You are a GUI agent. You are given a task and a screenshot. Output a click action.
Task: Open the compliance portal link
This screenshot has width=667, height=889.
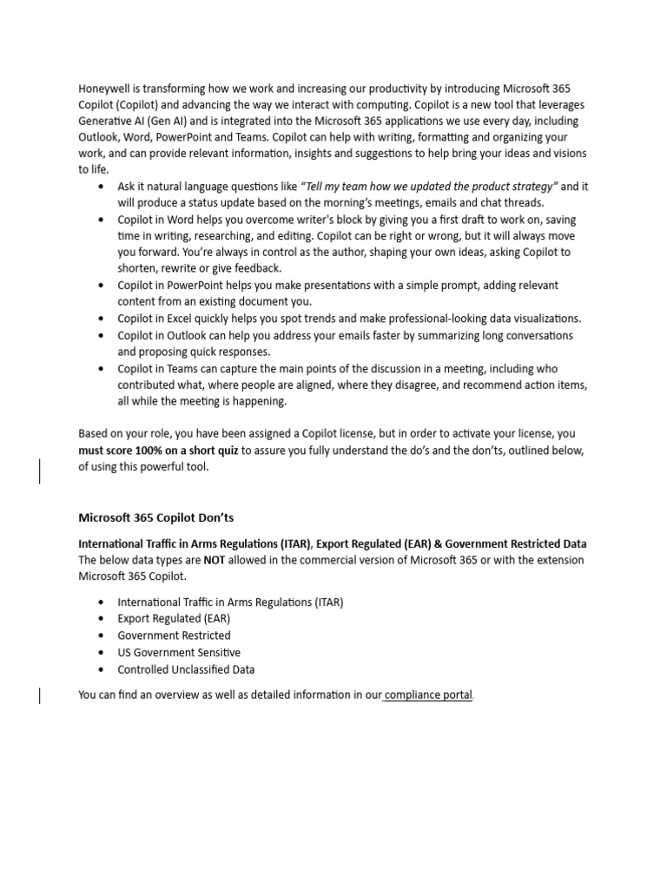click(428, 695)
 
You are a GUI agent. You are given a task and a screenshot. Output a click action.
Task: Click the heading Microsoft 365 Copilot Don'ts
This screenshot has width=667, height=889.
click(156, 518)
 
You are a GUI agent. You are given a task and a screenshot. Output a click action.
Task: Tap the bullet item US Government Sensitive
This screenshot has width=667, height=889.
click(179, 653)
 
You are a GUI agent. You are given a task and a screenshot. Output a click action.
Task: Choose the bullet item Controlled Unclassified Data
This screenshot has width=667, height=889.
click(186, 669)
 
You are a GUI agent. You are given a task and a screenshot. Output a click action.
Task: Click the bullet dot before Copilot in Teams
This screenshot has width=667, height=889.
click(102, 369)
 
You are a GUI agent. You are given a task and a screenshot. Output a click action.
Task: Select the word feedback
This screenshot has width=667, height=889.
click(256, 269)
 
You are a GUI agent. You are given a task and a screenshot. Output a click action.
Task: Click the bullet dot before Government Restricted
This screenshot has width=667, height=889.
click(102, 636)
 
